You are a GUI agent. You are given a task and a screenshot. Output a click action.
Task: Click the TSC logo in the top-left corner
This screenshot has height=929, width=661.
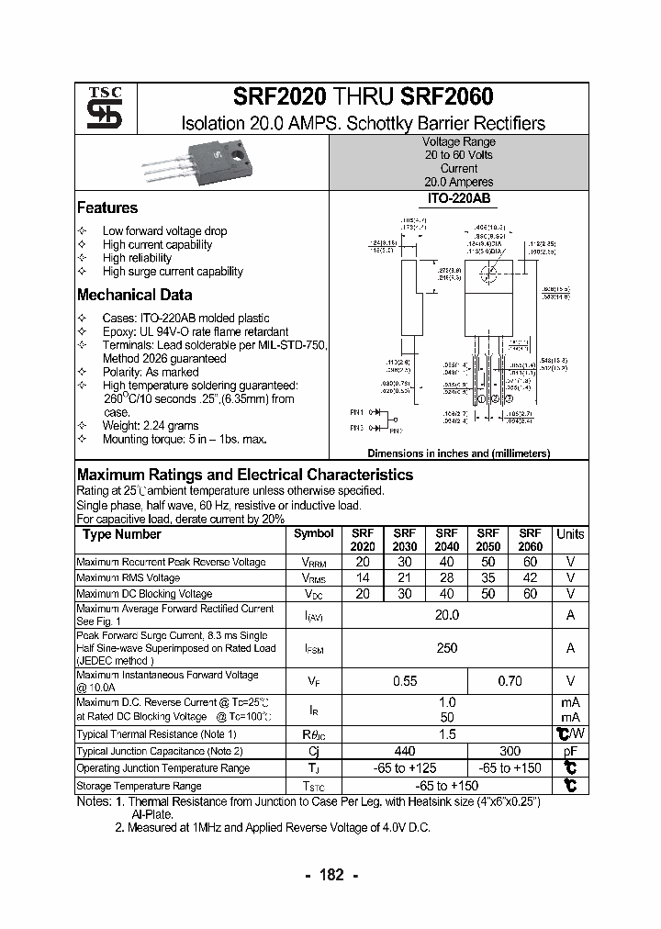pyautogui.click(x=97, y=109)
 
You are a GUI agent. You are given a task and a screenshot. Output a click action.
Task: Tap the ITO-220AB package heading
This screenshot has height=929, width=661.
pyautogui.click(x=458, y=197)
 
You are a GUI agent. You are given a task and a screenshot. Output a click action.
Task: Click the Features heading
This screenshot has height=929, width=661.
pyautogui.click(x=107, y=208)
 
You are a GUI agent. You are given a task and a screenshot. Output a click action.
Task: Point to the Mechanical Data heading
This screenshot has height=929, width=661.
pyautogui.click(x=134, y=296)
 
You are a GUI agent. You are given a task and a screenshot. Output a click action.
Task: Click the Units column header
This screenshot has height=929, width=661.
pyautogui.click(x=570, y=534)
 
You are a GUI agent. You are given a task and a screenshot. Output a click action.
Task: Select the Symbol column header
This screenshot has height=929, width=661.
pyautogui.click(x=314, y=533)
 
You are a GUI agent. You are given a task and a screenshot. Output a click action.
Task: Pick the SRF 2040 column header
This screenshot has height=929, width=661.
pyautogui.click(x=446, y=540)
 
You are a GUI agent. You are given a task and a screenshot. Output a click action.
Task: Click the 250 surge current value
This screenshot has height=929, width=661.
pyautogui.click(x=446, y=648)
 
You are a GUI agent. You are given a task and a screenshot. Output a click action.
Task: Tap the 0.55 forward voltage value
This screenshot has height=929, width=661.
pyautogui.click(x=405, y=681)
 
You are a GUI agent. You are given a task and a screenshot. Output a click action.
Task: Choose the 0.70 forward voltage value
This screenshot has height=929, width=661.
pyautogui.click(x=509, y=681)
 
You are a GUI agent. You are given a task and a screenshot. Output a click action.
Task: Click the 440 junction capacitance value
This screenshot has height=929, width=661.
pyautogui.click(x=405, y=751)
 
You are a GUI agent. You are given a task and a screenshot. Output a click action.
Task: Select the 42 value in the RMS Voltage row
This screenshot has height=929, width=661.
pyautogui.click(x=530, y=578)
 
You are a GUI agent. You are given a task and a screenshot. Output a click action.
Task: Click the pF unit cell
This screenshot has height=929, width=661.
pyautogui.click(x=570, y=751)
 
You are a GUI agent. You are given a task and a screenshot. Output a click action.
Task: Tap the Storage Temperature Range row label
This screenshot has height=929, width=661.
pyautogui.click(x=139, y=786)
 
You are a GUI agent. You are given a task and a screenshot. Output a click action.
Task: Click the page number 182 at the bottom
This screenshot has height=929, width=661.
pyautogui.click(x=330, y=875)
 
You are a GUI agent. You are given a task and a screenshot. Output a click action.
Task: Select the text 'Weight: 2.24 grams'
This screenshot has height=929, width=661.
pyautogui.click(x=151, y=426)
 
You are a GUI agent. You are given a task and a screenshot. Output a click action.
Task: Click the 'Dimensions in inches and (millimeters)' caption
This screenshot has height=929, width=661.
pyautogui.click(x=458, y=453)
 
